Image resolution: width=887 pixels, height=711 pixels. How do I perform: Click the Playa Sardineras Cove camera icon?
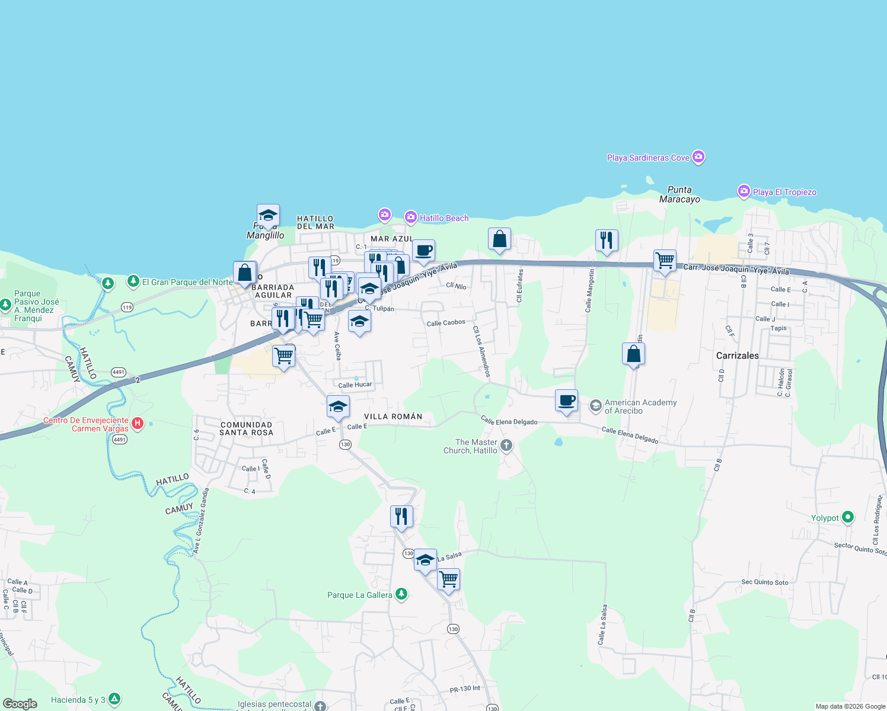[x=698, y=157]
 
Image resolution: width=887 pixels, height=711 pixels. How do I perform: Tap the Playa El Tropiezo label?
[x=784, y=192]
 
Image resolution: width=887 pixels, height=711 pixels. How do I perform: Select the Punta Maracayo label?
[x=679, y=194]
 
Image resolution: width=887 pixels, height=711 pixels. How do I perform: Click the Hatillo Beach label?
[x=444, y=218]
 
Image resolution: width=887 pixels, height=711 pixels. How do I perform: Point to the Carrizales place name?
[x=737, y=355]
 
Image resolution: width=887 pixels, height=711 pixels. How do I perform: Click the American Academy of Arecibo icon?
[x=595, y=406]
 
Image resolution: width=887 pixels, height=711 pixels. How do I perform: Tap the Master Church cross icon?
[x=506, y=446]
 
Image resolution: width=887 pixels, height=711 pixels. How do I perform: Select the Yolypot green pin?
[x=848, y=517]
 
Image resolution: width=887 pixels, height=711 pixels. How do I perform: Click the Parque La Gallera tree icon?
[x=401, y=594]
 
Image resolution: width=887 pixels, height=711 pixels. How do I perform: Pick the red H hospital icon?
[x=138, y=423]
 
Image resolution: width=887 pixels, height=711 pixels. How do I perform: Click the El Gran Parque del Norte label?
[x=187, y=282]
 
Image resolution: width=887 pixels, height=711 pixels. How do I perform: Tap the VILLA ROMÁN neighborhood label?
[x=393, y=417]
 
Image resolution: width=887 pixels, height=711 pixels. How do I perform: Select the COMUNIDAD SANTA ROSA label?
[x=247, y=428]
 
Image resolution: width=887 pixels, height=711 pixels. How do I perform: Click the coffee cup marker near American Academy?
[x=567, y=401]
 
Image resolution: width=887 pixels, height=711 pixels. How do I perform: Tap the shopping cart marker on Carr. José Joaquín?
[x=665, y=261]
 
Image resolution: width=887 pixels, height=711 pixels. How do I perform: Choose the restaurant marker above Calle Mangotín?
[x=606, y=241]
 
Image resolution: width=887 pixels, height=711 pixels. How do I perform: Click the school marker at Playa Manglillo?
[x=268, y=216]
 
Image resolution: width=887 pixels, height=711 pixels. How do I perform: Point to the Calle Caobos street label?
[x=446, y=323]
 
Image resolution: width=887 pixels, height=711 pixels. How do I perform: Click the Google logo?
[x=20, y=703]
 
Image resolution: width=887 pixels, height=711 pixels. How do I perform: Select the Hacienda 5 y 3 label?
[x=78, y=700]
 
